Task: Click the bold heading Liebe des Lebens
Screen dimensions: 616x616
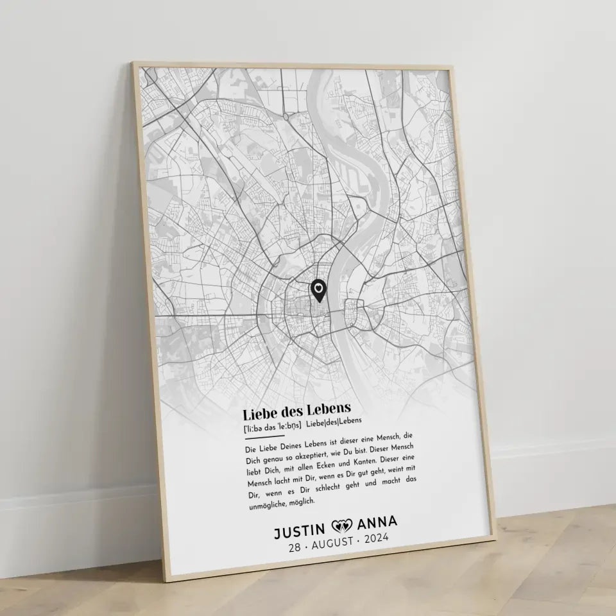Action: click(296, 409)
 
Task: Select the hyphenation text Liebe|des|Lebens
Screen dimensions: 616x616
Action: click(334, 422)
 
